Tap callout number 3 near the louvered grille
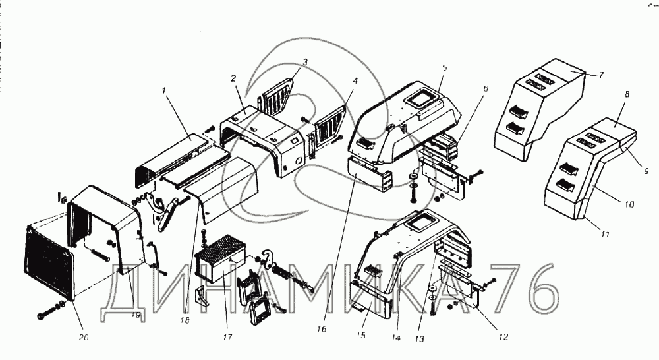(x=305, y=62)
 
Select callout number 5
(x=445, y=67)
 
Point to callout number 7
(x=602, y=75)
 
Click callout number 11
(x=605, y=234)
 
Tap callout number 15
(x=361, y=335)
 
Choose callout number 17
(x=227, y=337)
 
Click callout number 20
(x=84, y=337)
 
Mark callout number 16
(x=322, y=329)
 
